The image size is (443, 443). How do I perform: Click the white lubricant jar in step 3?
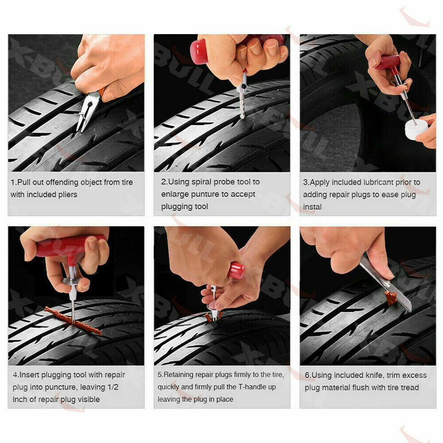pyautogui.click(x=416, y=129)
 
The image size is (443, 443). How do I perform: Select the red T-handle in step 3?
pyautogui.click(x=388, y=63)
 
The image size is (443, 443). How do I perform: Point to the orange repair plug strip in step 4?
pyautogui.click(x=73, y=321)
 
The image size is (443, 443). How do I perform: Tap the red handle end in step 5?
pyautogui.click(x=236, y=270)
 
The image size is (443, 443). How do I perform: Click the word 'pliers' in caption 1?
pyautogui.click(x=68, y=194)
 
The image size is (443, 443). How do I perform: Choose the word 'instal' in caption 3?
pyautogui.click(x=312, y=207)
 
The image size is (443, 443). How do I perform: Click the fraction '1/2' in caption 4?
pyautogui.click(x=113, y=387)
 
